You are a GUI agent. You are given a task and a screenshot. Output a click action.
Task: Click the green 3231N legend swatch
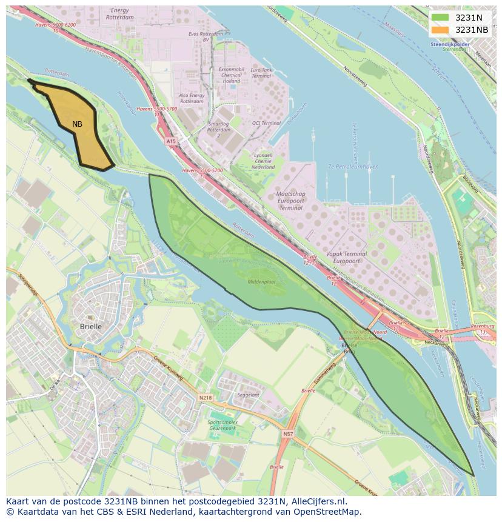pyautogui.click(x=440, y=18)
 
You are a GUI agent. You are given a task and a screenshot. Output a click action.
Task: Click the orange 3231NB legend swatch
pyautogui.click(x=440, y=30)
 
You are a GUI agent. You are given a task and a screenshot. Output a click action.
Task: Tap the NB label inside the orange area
pyautogui.click(x=77, y=124)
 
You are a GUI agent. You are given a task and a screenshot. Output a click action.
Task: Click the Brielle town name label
pyautogui.click(x=91, y=326)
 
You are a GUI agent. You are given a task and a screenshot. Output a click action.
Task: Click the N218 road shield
pyautogui.click(x=206, y=398)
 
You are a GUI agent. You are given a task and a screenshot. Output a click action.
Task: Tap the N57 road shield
pyautogui.click(x=287, y=433)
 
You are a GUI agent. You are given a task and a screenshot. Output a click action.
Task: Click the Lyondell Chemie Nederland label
pyautogui.click(x=264, y=161)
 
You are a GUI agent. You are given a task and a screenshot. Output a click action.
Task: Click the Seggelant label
pyautogui.click(x=248, y=395)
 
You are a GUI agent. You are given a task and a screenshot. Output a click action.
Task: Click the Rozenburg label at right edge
pyautogui.click(x=483, y=326)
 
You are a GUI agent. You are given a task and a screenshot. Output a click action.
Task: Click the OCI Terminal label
pyautogui.click(x=267, y=123)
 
